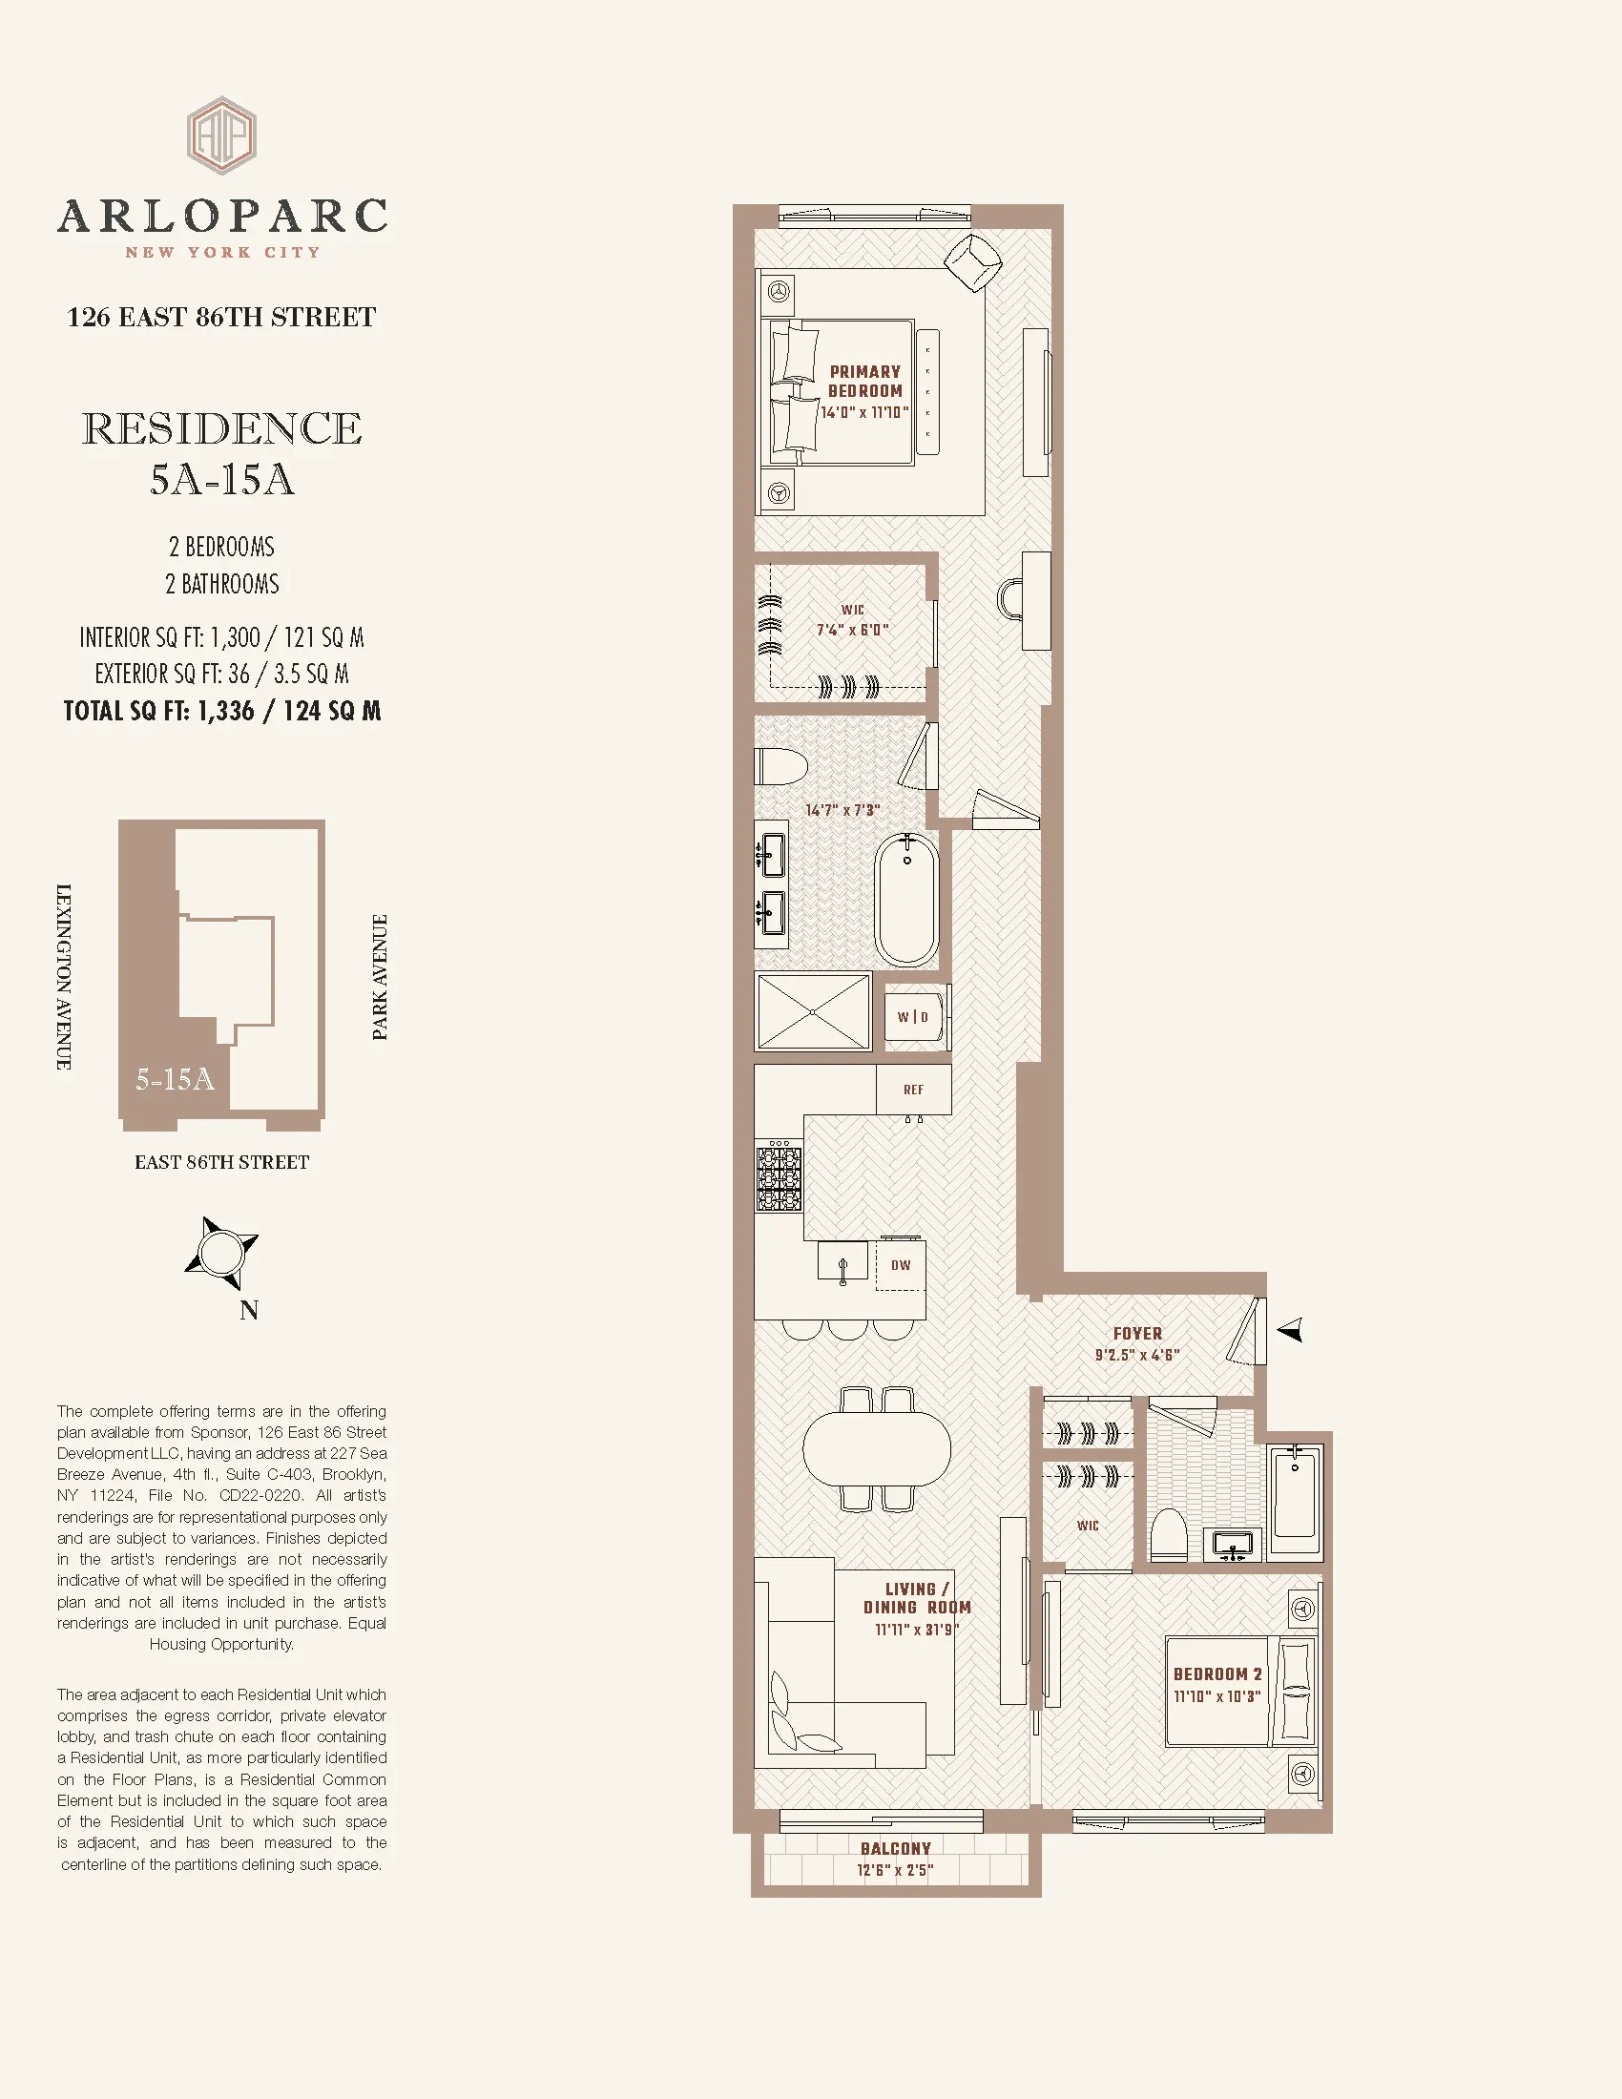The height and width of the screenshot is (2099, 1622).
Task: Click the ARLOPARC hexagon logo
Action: (x=221, y=135)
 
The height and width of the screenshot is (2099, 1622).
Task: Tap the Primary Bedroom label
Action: (x=864, y=382)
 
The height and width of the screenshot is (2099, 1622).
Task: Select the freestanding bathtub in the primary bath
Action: (x=906, y=901)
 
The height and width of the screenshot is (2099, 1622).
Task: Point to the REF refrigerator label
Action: (x=914, y=1090)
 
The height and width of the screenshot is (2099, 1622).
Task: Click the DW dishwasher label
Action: (x=901, y=1265)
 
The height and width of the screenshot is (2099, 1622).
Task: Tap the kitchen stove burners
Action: (x=779, y=1175)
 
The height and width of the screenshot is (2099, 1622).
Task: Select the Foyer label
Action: (x=1137, y=1333)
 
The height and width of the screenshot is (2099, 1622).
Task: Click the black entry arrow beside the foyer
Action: (x=1290, y=1330)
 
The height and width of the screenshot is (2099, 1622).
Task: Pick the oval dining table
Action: (x=876, y=1448)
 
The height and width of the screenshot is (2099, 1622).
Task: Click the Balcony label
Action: (x=896, y=1848)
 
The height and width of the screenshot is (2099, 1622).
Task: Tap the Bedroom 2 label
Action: (x=1217, y=1673)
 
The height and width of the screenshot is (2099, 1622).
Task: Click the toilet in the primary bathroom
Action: (x=781, y=766)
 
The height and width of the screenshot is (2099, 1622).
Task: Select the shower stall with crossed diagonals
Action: (x=813, y=1011)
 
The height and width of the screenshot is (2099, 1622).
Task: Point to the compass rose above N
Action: (x=222, y=1253)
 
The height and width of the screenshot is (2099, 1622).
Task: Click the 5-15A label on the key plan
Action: (x=175, y=1079)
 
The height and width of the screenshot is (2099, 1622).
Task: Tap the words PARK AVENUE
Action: (x=380, y=976)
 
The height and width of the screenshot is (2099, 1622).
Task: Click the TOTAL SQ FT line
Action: (x=222, y=711)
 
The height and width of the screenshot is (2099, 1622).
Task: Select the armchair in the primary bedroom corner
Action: (x=973, y=261)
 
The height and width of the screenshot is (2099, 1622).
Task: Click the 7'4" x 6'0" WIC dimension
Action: (x=852, y=630)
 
